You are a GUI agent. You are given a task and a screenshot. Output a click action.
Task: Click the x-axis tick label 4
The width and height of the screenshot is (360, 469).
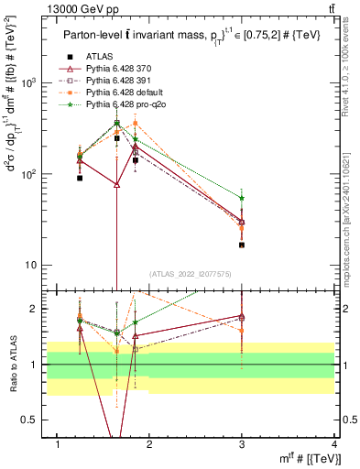pyautogui.click(x=334, y=443)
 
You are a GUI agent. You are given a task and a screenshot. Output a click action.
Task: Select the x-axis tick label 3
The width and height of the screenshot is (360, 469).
pyautogui.click(x=242, y=443)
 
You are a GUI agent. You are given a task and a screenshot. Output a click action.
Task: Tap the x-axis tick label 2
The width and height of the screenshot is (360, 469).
pyautogui.click(x=149, y=443)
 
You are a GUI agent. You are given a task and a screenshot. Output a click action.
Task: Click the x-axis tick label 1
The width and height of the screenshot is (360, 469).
pyautogui.click(x=58, y=443)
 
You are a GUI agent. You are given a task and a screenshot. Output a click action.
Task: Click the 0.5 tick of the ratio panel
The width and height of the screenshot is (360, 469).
pyautogui.click(x=29, y=420)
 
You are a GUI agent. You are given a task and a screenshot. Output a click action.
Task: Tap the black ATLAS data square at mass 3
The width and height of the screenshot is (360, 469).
pyautogui.click(x=242, y=245)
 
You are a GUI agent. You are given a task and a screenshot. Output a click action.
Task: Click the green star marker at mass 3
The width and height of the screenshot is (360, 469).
pyautogui.click(x=242, y=198)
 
